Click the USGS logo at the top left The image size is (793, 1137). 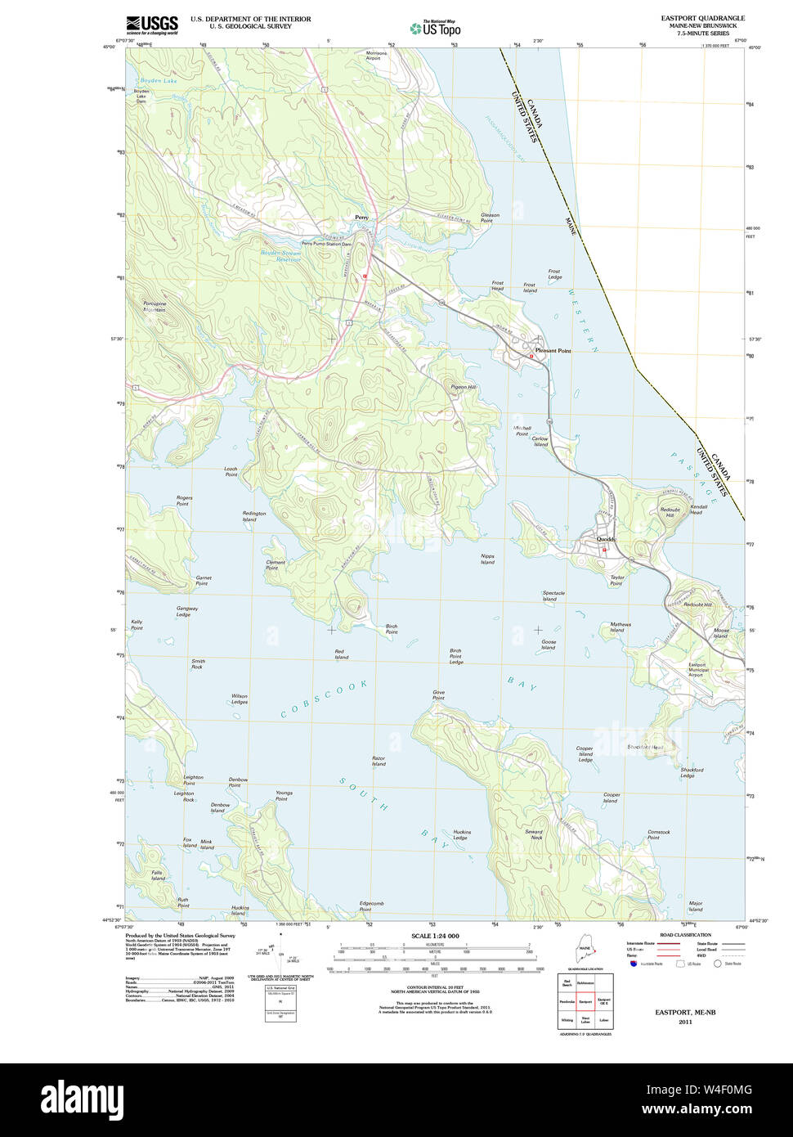click(152, 25)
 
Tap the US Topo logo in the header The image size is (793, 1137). click(435, 27)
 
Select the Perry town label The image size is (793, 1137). click(361, 218)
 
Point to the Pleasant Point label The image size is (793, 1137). click(553, 351)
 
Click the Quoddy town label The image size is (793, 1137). click(606, 539)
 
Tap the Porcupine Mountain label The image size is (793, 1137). click(155, 307)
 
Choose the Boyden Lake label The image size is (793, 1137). click(158, 81)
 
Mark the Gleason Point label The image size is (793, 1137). click(490, 218)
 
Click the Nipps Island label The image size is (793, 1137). click(487, 559)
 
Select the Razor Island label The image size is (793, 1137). click(378, 761)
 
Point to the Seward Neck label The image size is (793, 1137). click(534, 834)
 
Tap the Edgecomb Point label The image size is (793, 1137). click(371, 906)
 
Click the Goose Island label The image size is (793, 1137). click(548, 645)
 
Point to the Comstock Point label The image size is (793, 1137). click(658, 834)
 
